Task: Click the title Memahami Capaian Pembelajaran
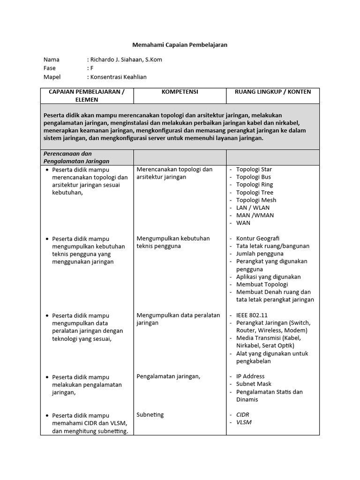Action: coord(180,45)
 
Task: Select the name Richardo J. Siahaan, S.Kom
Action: coord(126,60)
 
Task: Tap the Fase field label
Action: coord(50,68)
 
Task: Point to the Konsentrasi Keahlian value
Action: coord(118,77)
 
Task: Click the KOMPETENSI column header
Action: coord(180,92)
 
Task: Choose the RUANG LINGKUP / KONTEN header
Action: coord(273,92)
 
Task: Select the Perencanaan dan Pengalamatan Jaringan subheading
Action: coord(76,157)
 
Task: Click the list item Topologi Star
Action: coord(254,169)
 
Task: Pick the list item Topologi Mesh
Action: coord(256,200)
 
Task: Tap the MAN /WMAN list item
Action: coord(255,215)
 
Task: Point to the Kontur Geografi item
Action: coord(257,239)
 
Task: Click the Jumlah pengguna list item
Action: coord(260,254)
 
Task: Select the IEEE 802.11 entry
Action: coord(252,315)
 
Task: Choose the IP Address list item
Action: coord(250,376)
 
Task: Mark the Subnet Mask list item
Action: coord(254,384)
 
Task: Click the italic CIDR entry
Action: coord(243,415)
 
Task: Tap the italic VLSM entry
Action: coord(244,422)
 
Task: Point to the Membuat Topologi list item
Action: coord(262,285)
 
